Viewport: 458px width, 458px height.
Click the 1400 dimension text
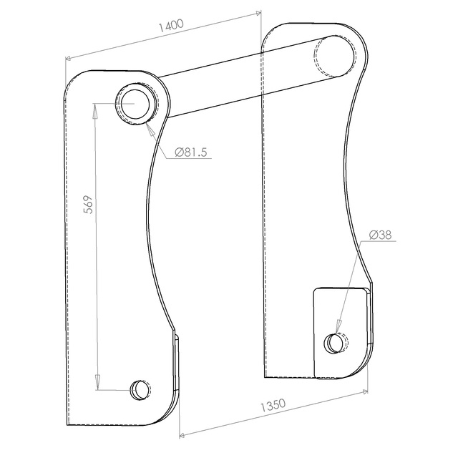pos(171,26)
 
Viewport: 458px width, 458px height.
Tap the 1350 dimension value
pos(273,405)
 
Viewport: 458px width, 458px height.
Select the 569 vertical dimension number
pos(89,205)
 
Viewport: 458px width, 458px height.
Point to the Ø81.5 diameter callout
pos(191,152)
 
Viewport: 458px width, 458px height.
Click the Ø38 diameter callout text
pos(380,235)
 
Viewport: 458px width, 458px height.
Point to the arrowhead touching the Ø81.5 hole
pos(150,129)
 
